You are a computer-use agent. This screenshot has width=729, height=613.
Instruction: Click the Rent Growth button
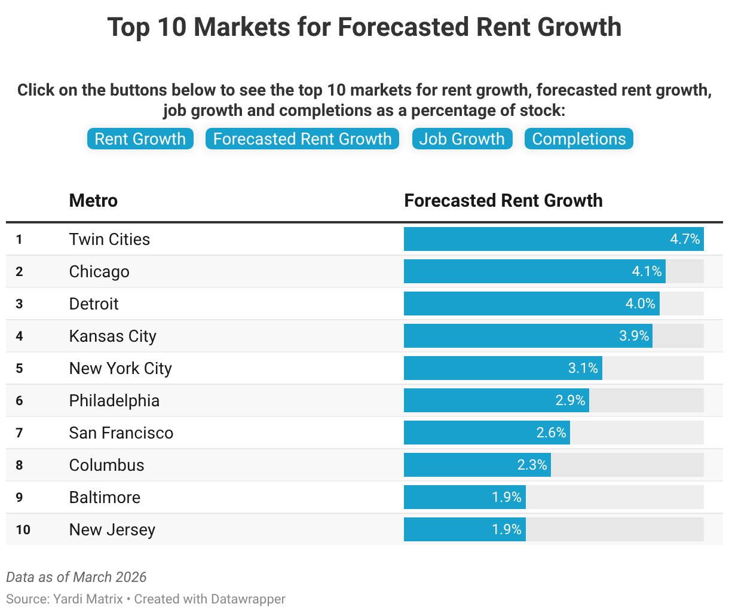pos(140,139)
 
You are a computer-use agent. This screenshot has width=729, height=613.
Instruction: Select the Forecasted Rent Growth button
pos(302,139)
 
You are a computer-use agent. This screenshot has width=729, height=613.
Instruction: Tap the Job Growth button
pos(462,139)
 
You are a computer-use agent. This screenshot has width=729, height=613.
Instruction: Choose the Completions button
pos(578,139)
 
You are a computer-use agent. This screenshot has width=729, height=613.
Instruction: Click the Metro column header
pos(93,200)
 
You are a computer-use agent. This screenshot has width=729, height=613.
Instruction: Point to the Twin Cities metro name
pos(109,239)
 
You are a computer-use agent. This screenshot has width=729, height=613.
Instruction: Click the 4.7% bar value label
pos(685,239)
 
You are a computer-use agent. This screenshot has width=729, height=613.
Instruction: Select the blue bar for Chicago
pos(514,271)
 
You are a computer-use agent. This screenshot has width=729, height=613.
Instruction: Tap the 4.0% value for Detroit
pos(640,304)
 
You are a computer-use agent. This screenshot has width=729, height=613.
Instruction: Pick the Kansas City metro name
pos(112,336)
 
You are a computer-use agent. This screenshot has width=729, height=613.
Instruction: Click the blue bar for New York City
pos(484,368)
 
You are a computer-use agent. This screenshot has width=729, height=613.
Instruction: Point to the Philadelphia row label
pos(114,400)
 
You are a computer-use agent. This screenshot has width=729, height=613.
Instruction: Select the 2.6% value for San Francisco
pos(551,433)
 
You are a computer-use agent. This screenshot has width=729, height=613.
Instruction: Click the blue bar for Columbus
pos(460,465)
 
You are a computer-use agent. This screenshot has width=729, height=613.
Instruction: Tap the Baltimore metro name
pos(105,497)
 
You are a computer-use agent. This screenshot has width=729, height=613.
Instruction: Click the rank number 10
pos(23,529)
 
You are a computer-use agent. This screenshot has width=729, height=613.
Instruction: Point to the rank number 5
pos(19,368)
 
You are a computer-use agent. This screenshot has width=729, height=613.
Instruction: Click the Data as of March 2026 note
pos(76,577)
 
